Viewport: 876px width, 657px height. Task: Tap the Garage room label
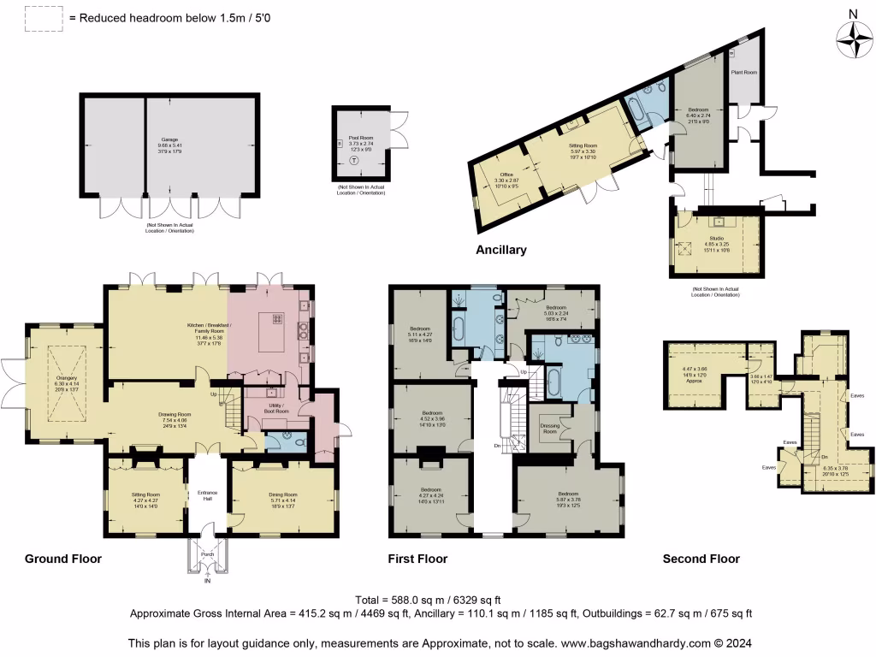168,139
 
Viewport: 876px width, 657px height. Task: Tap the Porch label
206,553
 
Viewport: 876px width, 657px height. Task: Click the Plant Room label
743,73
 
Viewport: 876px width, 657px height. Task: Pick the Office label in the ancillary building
506,176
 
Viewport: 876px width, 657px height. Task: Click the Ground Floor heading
62,559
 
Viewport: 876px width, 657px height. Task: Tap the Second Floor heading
701,559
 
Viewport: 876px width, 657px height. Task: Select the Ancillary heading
500,251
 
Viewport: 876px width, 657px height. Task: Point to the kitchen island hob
278,318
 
